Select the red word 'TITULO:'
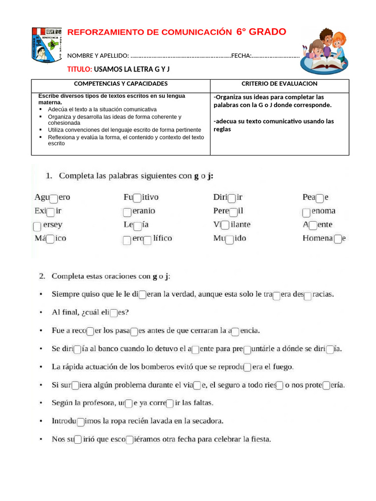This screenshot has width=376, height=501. pyautogui.click(x=79, y=69)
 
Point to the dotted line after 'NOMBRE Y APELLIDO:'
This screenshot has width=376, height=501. pyautogui.click(x=181, y=56)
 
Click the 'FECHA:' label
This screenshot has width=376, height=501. pyautogui.click(x=241, y=56)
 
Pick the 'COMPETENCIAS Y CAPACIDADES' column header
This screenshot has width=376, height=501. pyautogui.click(x=120, y=84)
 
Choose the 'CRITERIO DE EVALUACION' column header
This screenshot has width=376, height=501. pyautogui.click(x=279, y=84)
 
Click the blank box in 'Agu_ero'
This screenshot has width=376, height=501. pyautogui.click(x=54, y=198)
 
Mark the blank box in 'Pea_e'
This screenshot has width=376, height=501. pyautogui.click(x=319, y=198)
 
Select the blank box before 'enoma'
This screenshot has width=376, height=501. pyautogui.click(x=306, y=212)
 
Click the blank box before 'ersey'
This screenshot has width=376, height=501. pyautogui.click(x=37, y=227)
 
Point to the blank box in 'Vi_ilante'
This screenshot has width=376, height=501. pyautogui.click(x=225, y=226)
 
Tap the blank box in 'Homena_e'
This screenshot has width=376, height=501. pyautogui.click(x=337, y=239)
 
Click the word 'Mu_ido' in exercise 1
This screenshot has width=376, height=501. pyautogui.click(x=230, y=239)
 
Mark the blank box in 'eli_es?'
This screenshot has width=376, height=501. pyautogui.click(x=114, y=313)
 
